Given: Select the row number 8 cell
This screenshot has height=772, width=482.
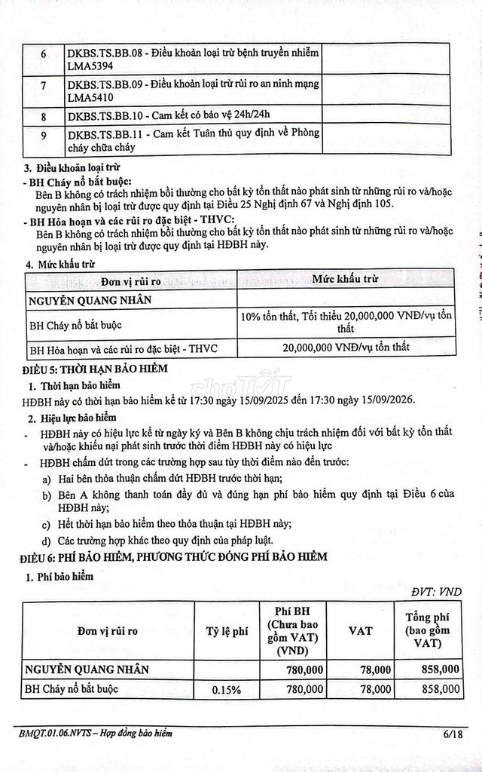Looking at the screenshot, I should coord(43,115).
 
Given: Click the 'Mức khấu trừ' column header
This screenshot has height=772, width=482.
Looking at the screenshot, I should coord(346,279).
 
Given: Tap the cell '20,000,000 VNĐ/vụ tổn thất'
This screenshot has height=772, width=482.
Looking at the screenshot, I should coord(346,348).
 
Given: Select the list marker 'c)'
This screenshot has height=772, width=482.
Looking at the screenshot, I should coord(47,524).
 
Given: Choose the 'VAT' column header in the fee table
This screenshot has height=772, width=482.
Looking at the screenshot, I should coord(360,631).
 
